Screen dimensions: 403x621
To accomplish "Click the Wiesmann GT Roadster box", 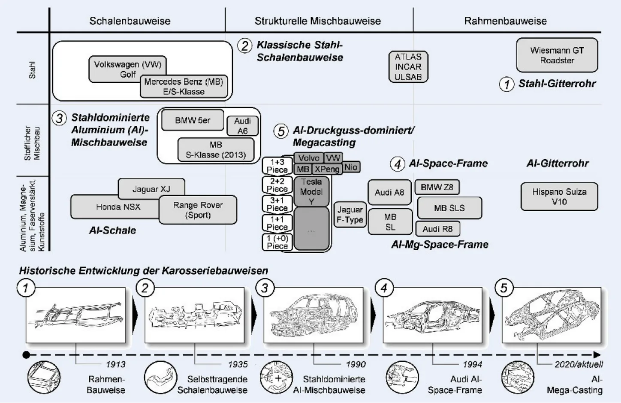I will (557, 55).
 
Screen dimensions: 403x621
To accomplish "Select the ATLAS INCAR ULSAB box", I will (408, 67).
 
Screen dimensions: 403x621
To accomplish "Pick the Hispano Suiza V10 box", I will (559, 197).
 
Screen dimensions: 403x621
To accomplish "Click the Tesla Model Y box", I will (311, 191).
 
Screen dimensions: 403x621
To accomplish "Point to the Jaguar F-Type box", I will (350, 215).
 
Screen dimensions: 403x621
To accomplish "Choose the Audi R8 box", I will (437, 229).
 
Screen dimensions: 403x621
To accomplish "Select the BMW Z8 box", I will (437, 187).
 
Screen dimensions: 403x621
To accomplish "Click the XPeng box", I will (327, 169).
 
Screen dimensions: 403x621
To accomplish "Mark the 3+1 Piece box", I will (277, 204).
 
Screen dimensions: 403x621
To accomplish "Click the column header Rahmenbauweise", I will (505, 21).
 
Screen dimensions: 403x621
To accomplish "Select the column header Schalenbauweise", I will (130, 21).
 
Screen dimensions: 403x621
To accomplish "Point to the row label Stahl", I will (32, 70).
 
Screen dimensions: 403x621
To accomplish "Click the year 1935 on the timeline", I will (238, 364).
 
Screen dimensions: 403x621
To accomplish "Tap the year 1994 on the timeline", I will (472, 364).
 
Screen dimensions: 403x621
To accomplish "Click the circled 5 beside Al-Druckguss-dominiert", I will (281, 131).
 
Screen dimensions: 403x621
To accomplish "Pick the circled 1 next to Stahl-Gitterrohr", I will (506, 84).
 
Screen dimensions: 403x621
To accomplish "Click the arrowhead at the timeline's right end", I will (597, 355).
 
